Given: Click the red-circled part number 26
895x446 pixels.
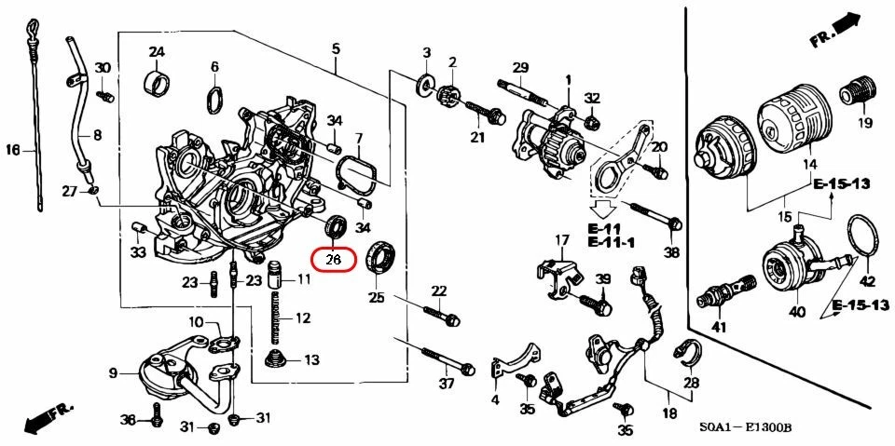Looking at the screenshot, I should tap(334, 258).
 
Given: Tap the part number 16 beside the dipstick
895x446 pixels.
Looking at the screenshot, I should tap(13, 149).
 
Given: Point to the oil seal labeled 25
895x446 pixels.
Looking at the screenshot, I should tap(382, 256).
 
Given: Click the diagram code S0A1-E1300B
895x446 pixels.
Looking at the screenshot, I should tap(746, 429).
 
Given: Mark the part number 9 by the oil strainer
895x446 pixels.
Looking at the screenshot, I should tap(113, 373).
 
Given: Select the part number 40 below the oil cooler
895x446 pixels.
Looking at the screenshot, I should tap(796, 313).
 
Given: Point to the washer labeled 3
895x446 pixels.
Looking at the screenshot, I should tap(427, 86).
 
